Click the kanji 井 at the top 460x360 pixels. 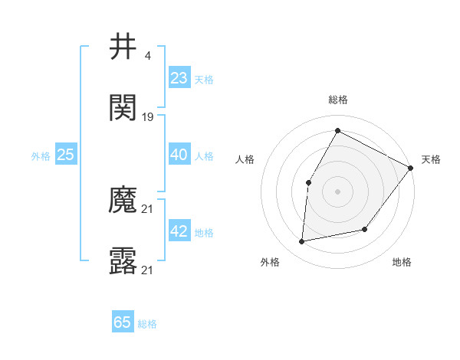(123, 47)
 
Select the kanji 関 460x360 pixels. (123, 108)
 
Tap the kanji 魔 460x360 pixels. (123, 201)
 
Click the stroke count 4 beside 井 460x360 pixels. (147, 55)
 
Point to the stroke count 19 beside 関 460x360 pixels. (148, 117)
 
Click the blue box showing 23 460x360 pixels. (179, 77)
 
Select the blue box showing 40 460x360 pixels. (179, 155)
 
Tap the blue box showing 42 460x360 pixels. (179, 231)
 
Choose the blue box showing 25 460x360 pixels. (66, 155)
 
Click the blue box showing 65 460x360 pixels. (123, 322)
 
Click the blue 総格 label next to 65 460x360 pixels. (147, 324)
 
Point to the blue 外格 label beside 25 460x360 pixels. (41, 156)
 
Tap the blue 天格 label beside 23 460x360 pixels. (204, 79)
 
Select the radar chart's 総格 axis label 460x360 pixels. (338, 100)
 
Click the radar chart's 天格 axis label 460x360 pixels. (431, 159)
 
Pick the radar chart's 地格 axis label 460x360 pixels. (402, 262)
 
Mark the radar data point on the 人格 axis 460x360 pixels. (308, 182)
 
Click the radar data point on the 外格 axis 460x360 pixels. (302, 242)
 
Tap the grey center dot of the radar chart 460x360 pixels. (337, 191)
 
